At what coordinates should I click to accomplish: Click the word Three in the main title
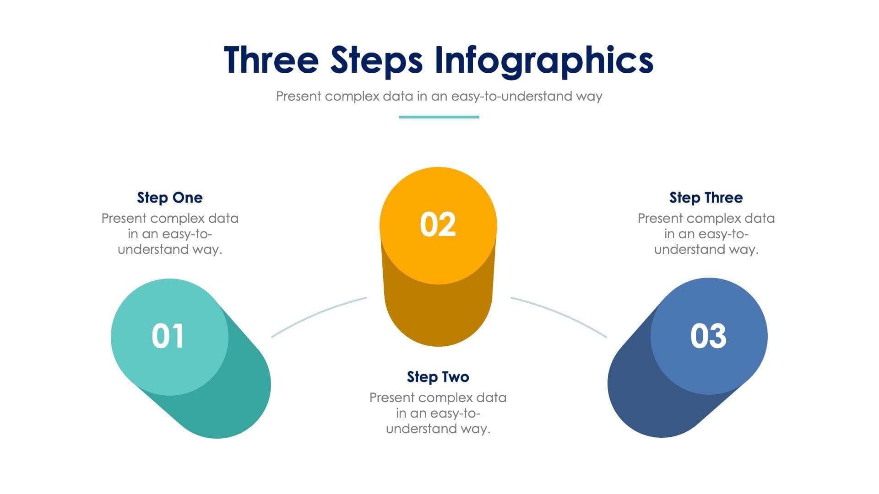click(x=271, y=60)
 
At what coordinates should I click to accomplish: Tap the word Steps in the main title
click(x=376, y=60)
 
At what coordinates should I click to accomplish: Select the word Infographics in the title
click(x=543, y=60)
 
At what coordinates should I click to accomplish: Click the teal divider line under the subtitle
click(x=439, y=117)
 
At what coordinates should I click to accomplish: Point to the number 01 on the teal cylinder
click(x=168, y=336)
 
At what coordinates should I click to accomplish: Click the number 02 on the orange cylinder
click(x=438, y=225)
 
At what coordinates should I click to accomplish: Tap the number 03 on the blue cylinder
click(x=708, y=336)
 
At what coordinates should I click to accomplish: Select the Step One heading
click(x=170, y=198)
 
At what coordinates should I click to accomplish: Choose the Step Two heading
click(x=438, y=377)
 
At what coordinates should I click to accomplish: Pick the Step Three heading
click(x=706, y=198)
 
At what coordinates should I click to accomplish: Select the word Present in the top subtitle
click(x=298, y=97)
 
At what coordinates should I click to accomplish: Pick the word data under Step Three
click(x=760, y=219)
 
